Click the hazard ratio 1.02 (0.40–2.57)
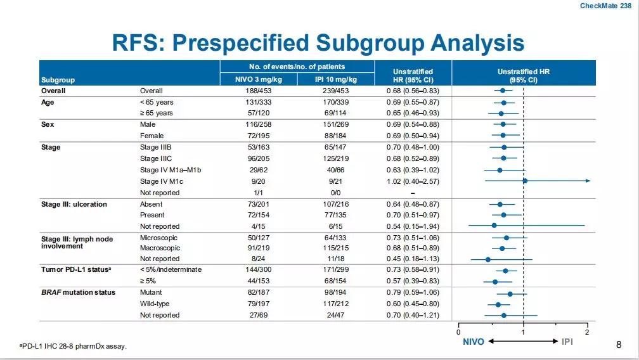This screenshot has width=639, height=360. pyautogui.click(x=413, y=181)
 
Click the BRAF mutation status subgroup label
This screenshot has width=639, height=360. pyautogui.click(x=79, y=292)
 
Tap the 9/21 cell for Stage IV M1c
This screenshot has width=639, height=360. pyautogui.click(x=335, y=181)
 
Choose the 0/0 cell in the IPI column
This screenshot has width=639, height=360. pyautogui.click(x=335, y=193)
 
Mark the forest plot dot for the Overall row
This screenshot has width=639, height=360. pyautogui.click(x=503, y=91)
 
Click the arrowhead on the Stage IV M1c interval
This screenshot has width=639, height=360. pyautogui.click(x=588, y=181)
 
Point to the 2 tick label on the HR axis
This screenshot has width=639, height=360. pyautogui.click(x=587, y=333)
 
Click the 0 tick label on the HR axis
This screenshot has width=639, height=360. pyautogui.click(x=458, y=333)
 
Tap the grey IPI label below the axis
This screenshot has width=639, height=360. pyautogui.click(x=567, y=342)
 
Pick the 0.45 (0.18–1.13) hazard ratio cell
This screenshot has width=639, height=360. pyautogui.click(x=413, y=259)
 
